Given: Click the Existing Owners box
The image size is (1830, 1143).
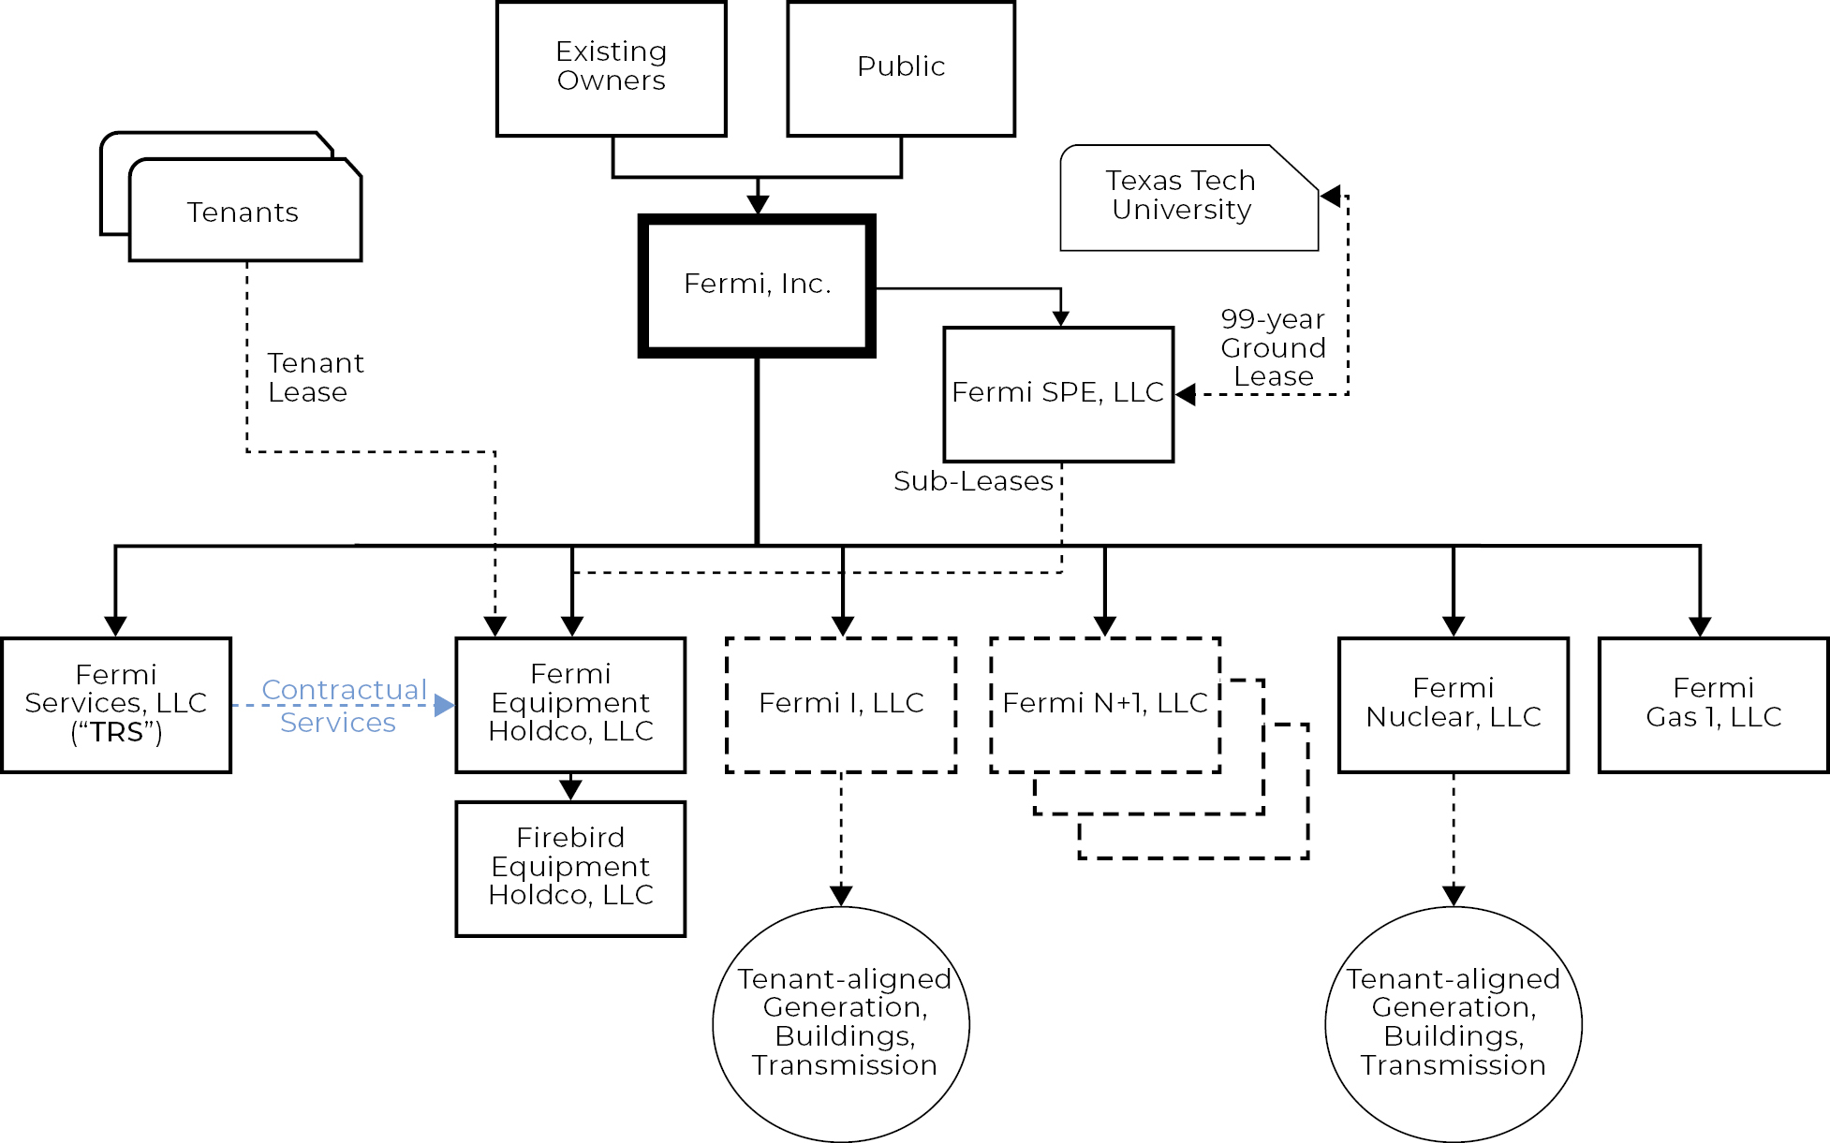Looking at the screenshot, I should [611, 68].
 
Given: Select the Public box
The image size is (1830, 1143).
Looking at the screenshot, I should [901, 68].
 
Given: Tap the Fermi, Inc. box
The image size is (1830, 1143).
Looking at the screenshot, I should [757, 285].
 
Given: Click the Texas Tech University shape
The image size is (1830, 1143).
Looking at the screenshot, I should [1182, 197].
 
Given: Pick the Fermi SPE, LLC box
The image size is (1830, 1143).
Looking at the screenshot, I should [1058, 393].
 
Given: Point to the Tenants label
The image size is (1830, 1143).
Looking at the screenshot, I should [243, 212].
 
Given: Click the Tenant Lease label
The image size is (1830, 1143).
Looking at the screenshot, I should [315, 377].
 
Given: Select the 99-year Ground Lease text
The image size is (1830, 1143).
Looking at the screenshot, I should [1273, 347].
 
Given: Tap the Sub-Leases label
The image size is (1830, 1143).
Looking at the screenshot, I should [973, 481].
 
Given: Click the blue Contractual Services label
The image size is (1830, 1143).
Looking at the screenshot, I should [343, 706].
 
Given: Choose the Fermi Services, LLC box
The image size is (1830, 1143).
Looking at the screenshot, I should [116, 704].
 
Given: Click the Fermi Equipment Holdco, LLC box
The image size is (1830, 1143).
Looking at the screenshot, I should [570, 704].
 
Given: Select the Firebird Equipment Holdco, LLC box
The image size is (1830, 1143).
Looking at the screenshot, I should [570, 868].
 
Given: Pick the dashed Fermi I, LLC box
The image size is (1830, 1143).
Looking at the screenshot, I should [841, 704].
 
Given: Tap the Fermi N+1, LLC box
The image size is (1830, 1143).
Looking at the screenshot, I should [1105, 704].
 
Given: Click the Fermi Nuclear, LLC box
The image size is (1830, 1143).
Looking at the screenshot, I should [1454, 704].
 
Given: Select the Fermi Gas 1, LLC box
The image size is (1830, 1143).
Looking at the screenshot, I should [1713, 704].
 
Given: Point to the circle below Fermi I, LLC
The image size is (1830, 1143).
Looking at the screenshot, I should [841, 1024].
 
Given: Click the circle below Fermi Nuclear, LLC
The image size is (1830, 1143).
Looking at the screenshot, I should [1454, 1024].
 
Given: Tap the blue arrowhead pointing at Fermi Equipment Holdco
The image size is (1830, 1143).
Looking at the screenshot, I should [445, 705].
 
